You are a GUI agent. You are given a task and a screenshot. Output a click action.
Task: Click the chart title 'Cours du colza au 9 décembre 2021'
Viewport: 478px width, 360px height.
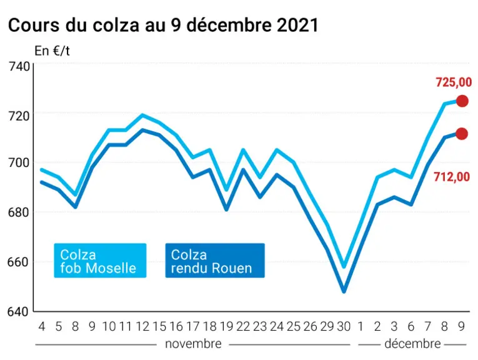[x=163, y=25]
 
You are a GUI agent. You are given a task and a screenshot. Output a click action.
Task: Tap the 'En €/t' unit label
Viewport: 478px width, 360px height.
[x=52, y=51]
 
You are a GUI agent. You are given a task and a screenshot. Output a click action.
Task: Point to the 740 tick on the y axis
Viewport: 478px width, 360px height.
[x=19, y=66]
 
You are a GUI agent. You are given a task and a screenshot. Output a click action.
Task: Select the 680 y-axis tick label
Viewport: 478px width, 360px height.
[x=19, y=212]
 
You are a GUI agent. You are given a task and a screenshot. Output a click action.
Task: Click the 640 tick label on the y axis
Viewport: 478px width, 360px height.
[x=19, y=311]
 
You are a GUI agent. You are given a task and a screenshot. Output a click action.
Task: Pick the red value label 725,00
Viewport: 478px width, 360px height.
[x=454, y=82]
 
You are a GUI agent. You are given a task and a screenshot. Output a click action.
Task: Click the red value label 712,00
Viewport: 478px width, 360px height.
[x=452, y=177]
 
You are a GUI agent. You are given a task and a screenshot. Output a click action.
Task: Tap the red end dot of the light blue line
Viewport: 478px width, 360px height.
[x=462, y=101]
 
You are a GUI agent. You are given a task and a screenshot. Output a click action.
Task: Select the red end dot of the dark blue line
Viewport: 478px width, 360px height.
[x=462, y=134]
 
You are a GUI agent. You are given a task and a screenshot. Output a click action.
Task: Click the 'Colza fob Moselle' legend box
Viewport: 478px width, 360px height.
[x=100, y=261]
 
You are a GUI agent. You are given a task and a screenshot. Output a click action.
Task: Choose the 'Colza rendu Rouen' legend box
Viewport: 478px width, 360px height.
[x=215, y=261]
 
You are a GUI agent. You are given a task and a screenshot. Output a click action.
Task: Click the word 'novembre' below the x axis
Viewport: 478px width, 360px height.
[x=193, y=344]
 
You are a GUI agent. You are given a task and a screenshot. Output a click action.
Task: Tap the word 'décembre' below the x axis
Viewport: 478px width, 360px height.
[x=412, y=344]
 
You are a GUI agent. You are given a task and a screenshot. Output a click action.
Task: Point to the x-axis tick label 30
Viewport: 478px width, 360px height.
[x=344, y=326]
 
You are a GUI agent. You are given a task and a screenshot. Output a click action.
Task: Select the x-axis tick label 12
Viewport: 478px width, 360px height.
[x=142, y=326]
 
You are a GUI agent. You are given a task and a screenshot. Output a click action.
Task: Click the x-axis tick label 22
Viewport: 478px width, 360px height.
[x=243, y=326]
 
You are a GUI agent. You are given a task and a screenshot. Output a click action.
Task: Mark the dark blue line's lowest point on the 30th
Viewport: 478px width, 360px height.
[x=344, y=291]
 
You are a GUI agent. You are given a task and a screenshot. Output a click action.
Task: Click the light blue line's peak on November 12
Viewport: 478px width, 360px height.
[x=142, y=115]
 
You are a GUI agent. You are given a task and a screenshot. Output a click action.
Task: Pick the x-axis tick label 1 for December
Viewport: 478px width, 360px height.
[x=361, y=326]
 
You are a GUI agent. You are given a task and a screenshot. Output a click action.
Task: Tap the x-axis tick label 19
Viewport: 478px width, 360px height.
[x=226, y=326]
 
